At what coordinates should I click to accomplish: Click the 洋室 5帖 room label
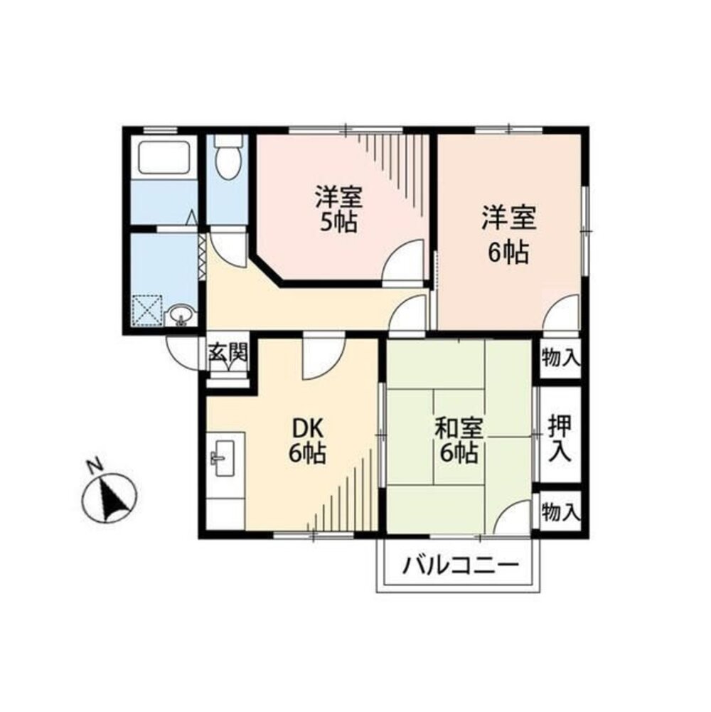tap(338, 209)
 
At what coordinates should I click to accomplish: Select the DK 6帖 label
tap(308, 440)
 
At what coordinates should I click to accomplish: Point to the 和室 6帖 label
tap(458, 440)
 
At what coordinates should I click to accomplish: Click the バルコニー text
tap(461, 565)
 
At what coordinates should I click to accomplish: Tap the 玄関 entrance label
tap(228, 352)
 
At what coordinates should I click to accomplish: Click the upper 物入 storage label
tap(561, 358)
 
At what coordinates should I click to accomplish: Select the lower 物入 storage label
tap(561, 513)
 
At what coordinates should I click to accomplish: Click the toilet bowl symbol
tap(228, 157)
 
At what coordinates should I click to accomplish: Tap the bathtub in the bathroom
tap(164, 157)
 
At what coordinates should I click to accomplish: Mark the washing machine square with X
tap(147, 311)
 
